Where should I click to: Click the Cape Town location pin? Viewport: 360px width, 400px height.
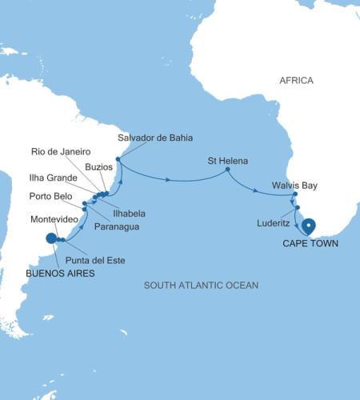308,227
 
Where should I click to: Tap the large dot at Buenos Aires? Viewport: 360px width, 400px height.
52,238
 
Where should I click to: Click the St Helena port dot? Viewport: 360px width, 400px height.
227,169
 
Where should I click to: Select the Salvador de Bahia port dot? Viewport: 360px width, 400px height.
118,159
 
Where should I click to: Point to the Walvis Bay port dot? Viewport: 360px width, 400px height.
295,194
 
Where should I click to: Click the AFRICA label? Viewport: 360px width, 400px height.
296,81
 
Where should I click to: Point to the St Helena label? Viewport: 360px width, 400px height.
225,158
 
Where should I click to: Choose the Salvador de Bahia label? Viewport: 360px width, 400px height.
155,138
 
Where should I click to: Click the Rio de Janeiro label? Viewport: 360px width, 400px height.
61,151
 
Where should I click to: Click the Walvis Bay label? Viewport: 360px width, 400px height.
294,186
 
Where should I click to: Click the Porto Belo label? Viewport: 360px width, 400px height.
52,196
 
